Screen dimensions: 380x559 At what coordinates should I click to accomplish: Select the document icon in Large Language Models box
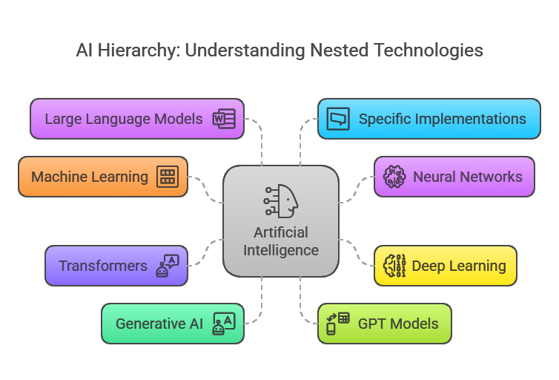(223, 119)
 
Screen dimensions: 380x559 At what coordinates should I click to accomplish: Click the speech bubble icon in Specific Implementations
(338, 119)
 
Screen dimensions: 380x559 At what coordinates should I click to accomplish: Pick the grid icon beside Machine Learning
(167, 177)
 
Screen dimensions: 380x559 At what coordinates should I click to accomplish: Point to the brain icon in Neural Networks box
(394, 177)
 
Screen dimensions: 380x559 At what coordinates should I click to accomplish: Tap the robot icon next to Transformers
(167, 266)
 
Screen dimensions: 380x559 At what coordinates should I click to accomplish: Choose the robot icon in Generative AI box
(223, 324)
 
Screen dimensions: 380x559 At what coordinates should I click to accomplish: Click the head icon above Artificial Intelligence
(281, 200)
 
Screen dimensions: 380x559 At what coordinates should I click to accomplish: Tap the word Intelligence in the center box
(281, 250)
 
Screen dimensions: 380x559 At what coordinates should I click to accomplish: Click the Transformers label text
(103, 266)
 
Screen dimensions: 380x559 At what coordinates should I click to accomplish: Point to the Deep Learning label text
(459, 266)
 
